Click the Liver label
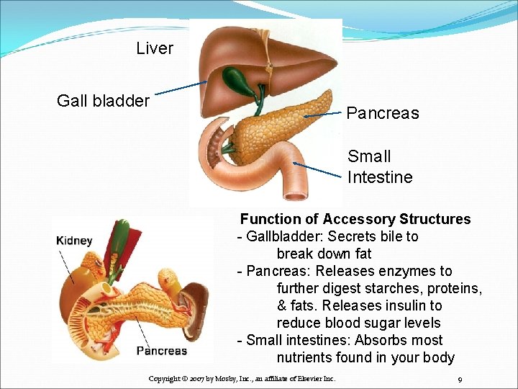click(x=155, y=48)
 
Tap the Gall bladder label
click(x=103, y=101)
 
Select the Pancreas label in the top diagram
click(x=382, y=113)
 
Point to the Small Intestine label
click(x=380, y=166)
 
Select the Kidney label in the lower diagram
click(x=74, y=241)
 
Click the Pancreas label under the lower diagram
click(x=161, y=351)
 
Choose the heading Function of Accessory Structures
click(x=355, y=219)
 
